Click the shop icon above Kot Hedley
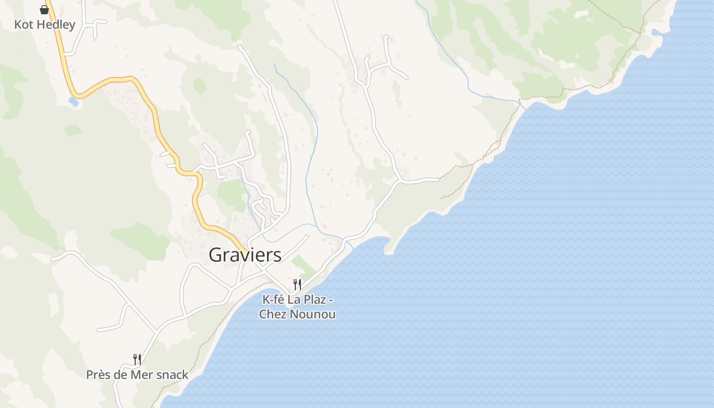pos(44,9)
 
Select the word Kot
pos(24,24)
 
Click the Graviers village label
pos(245,255)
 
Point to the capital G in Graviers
pos(216,255)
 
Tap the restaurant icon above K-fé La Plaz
pos(297,284)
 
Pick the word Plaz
pos(314,299)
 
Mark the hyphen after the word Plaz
pos(330,300)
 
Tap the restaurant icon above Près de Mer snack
pos(137,360)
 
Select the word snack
pos(172,375)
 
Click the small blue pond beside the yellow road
pos(74,101)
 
